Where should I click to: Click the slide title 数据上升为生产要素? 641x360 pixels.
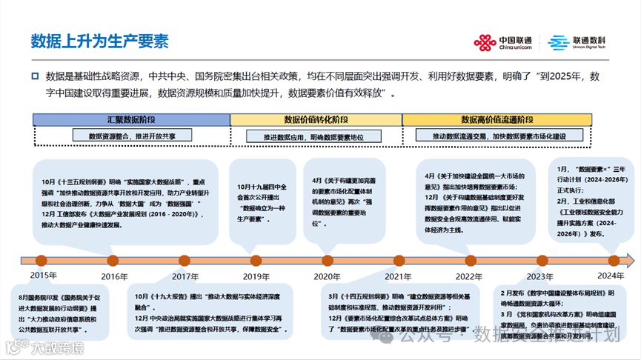[x=99, y=40]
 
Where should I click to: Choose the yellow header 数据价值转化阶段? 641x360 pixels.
[x=316, y=119]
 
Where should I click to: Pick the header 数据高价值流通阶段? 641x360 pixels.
[x=496, y=119]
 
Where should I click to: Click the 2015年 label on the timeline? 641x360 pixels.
[x=44, y=276]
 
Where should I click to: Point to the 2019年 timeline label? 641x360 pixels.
[x=256, y=276]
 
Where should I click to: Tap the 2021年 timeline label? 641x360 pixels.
[x=398, y=276]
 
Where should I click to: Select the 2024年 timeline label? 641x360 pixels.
[x=611, y=276]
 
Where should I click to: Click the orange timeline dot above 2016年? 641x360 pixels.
[x=113, y=260]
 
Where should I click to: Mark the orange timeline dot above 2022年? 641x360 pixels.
[x=469, y=260]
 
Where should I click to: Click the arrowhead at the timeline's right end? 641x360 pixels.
[x=629, y=260]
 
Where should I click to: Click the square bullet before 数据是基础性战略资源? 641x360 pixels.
[x=35, y=76]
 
